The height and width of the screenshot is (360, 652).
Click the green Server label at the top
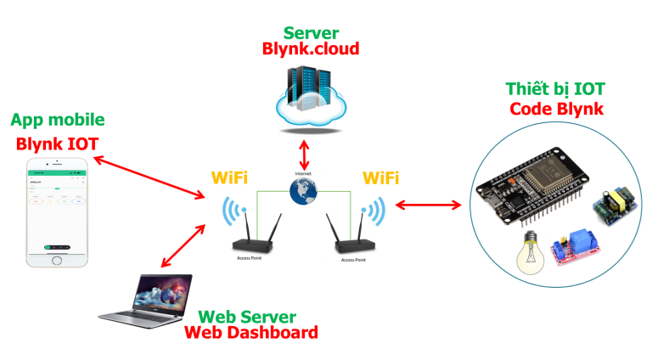311,33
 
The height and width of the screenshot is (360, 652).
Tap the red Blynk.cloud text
311,49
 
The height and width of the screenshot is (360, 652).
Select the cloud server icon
311,100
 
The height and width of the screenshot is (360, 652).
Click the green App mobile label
57,120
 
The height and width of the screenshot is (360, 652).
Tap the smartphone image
57,211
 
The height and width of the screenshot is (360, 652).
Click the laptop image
144,301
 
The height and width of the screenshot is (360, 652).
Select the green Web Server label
247,317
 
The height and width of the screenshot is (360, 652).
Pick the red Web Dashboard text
251,333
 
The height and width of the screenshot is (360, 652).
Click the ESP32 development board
531,187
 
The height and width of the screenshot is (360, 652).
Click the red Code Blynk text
556,110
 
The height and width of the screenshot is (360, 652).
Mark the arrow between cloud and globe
304,155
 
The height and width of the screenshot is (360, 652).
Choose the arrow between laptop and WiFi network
183,247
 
